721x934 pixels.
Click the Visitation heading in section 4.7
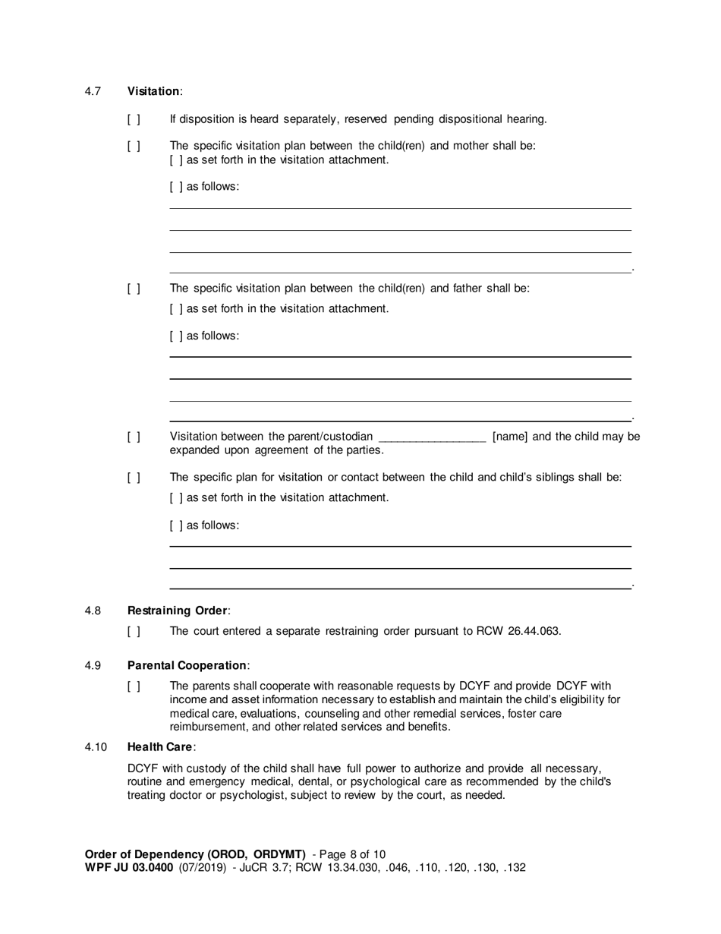coord(153,91)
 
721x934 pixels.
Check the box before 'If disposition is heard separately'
coord(134,119)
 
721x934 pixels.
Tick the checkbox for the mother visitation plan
coord(134,146)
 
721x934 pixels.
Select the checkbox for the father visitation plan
coord(134,289)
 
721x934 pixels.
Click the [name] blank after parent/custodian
coord(431,437)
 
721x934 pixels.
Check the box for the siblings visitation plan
coord(134,478)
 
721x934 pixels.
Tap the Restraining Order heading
coord(177,611)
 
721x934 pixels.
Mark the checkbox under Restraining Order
coord(134,631)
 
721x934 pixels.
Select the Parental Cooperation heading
coord(187,665)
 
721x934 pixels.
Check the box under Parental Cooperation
coord(134,686)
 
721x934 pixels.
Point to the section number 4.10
coord(96,747)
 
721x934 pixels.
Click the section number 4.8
coord(93,611)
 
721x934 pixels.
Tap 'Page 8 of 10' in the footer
coord(353,854)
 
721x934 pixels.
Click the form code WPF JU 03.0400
coord(129,867)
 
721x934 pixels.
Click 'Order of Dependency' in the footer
coord(143,854)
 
